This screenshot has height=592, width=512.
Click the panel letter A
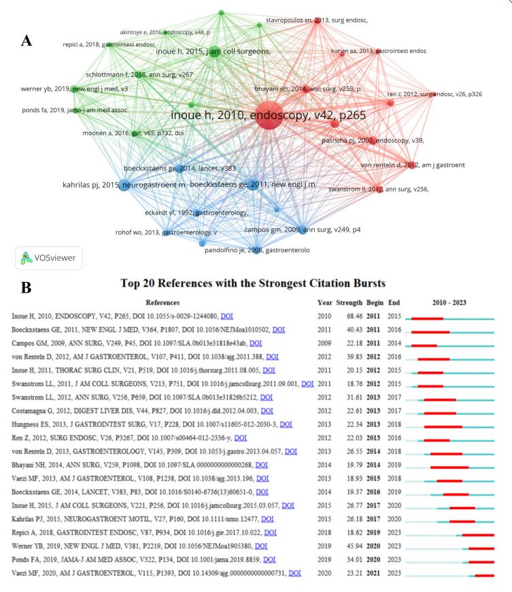point(27,41)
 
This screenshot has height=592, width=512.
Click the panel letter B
point(27,288)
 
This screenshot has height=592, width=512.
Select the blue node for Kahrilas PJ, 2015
point(123,185)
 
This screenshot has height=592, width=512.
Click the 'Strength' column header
point(349,302)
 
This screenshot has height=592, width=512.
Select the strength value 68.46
point(349,317)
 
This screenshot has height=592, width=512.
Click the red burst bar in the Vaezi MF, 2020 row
point(484,576)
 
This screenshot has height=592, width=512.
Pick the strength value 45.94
point(349,545)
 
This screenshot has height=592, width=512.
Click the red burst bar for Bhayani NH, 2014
point(449,467)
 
